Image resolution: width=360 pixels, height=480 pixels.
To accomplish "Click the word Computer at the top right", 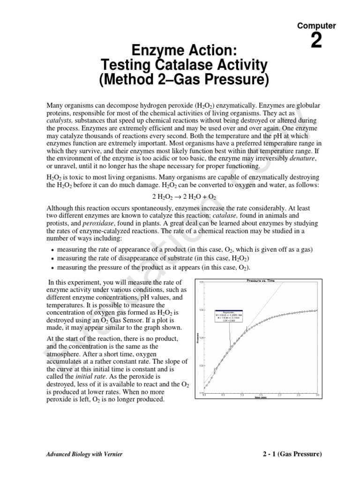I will tap(316, 26).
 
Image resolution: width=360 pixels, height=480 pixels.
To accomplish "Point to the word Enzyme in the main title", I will tap(152, 48).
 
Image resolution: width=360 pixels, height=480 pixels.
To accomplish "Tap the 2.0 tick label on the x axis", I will tap(279, 395).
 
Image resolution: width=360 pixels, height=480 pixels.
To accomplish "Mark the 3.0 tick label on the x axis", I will tap(318, 395).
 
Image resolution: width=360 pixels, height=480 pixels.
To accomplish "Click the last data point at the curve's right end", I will tap(317, 310).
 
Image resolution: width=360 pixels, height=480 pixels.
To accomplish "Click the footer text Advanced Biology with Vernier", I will tap(84, 455).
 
